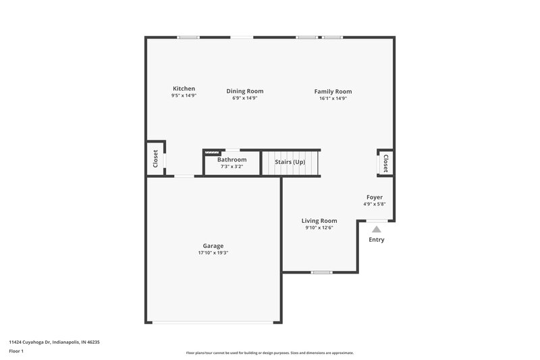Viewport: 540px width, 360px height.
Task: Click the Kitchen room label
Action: coord(184,88)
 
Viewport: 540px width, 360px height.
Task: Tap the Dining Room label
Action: coord(245,91)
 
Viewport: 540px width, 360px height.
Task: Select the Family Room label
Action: coord(333,91)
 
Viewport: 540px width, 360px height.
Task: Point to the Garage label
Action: coord(213,246)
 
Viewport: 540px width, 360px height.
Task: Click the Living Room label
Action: coord(319,221)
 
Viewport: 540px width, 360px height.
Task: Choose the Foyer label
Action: coord(375,197)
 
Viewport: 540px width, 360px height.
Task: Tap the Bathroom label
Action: coord(232,159)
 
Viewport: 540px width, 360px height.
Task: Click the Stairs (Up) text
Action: coord(290,162)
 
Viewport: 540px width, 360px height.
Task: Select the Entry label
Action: coord(377,240)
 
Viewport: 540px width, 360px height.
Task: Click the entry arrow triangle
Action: coord(377,228)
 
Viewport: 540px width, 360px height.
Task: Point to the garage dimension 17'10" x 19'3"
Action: coord(213,253)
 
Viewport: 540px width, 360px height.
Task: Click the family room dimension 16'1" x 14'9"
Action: coord(333,98)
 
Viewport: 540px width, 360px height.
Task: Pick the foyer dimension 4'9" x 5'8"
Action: coord(375,204)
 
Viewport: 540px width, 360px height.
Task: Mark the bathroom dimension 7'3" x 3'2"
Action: coord(232,166)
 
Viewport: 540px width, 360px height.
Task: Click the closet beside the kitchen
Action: coord(155,159)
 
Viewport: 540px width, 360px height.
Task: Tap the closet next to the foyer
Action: coord(385,163)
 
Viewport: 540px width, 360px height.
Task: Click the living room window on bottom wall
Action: coord(321,272)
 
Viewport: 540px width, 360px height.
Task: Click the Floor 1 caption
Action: coord(16,352)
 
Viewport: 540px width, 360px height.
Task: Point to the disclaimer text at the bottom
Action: coord(270,353)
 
